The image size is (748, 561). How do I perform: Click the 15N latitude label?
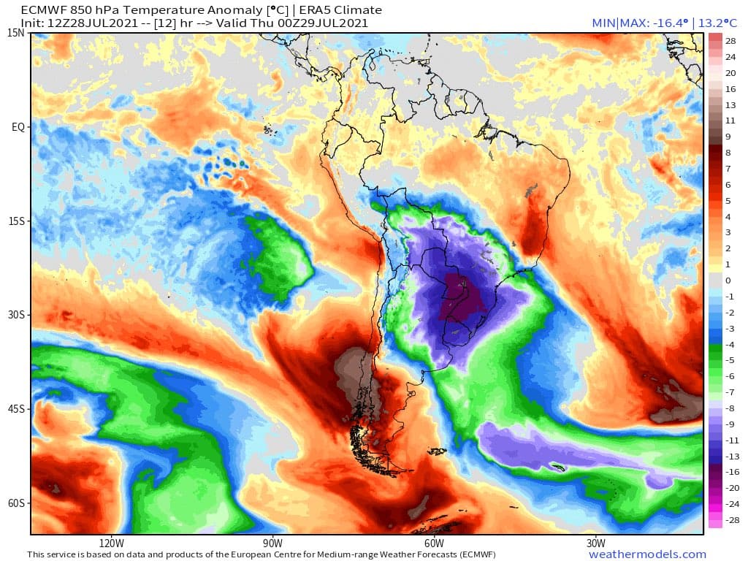(x=17, y=33)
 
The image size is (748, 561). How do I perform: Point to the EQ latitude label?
(x=18, y=127)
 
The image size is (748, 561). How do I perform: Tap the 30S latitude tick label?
(x=17, y=315)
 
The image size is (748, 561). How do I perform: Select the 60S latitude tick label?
(x=17, y=503)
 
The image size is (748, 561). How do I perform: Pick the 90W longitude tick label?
(x=272, y=543)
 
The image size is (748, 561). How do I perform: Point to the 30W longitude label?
(x=596, y=543)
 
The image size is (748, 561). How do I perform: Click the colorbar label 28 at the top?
(x=730, y=41)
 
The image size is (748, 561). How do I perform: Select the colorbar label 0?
(x=728, y=280)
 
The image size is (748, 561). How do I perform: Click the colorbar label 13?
(x=730, y=105)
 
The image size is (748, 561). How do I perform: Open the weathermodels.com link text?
(x=647, y=554)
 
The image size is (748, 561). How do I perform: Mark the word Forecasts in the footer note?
(x=410, y=554)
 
